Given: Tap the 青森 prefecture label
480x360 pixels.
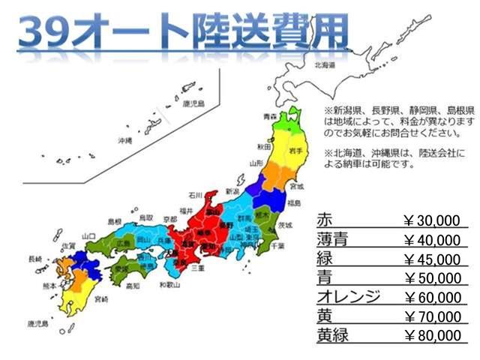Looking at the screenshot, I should click(x=270, y=116).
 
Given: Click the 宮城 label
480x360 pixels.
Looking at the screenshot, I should click(x=298, y=186).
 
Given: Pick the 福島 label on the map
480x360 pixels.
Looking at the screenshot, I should click(x=294, y=202).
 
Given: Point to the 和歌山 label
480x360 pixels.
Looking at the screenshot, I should click(x=171, y=285).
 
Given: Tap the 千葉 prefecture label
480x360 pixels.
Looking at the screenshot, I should click(x=277, y=245).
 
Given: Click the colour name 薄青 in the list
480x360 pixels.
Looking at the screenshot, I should click(x=331, y=241).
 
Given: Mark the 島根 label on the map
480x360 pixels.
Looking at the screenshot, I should click(x=114, y=222).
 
